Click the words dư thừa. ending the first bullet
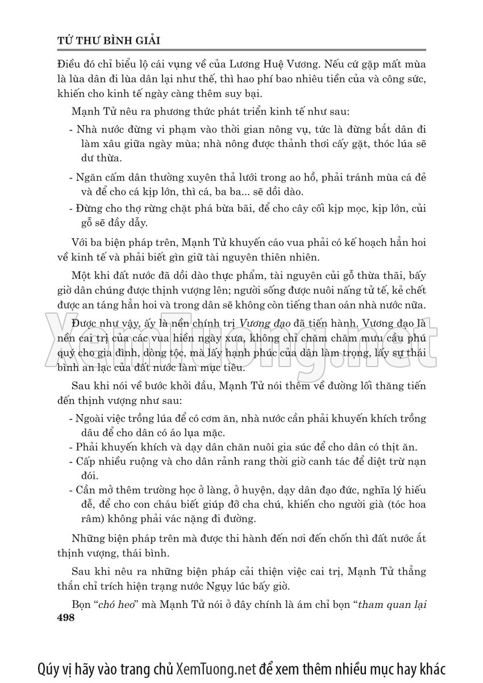(x=102, y=157)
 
